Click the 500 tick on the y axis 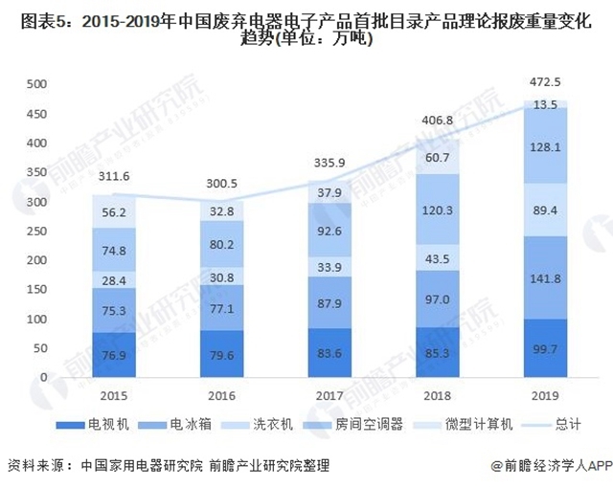coord(35,84)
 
